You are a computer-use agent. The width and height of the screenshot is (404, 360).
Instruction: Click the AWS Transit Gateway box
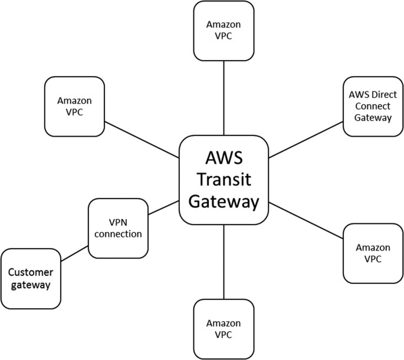(224, 180)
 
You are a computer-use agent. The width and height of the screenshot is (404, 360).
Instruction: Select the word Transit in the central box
(224, 180)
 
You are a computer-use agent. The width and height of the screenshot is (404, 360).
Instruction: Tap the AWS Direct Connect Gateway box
(373, 106)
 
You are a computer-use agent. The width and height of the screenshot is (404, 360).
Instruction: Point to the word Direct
(384, 95)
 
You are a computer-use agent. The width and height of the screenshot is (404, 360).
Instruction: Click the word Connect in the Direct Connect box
(373, 106)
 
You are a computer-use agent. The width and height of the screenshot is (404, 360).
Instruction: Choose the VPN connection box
(117, 227)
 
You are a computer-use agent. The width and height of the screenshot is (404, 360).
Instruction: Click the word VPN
(117, 222)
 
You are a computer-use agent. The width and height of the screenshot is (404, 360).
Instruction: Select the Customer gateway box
(31, 278)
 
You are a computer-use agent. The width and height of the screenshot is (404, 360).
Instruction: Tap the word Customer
(31, 272)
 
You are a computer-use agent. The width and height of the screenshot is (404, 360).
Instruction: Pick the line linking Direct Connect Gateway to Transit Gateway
(306, 140)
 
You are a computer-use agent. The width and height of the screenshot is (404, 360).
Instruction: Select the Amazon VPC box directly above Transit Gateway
(224, 31)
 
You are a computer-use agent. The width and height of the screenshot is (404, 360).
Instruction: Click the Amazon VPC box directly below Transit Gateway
(224, 329)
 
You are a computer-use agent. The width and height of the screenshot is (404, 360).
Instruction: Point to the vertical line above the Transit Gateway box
(224, 98)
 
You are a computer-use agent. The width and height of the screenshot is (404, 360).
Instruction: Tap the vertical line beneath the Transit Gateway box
(224, 262)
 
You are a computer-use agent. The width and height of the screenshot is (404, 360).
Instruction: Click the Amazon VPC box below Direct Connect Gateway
(373, 253)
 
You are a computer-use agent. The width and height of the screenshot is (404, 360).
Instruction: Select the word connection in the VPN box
(117, 234)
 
